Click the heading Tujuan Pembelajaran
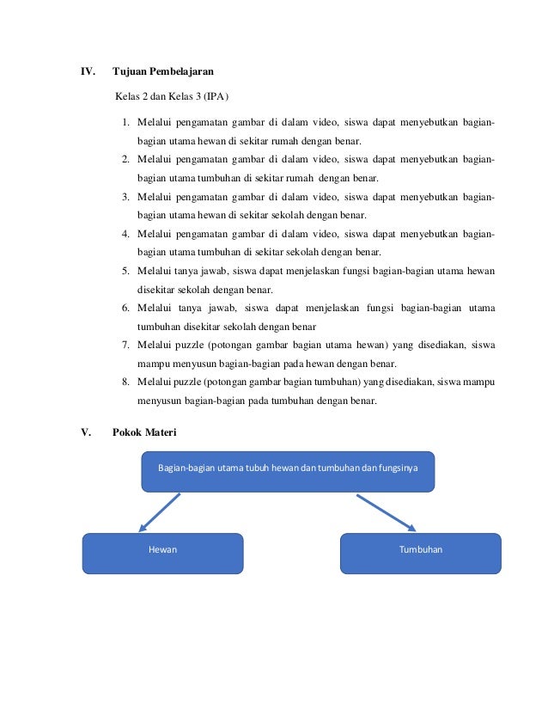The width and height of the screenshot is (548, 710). pyautogui.click(x=163, y=70)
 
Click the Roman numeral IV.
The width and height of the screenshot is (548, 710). pyautogui.click(x=88, y=70)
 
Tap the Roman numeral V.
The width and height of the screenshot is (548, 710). pyautogui.click(x=85, y=432)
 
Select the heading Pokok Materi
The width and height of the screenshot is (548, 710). pyautogui.click(x=144, y=432)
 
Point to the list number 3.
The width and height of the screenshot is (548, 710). pyautogui.click(x=125, y=198)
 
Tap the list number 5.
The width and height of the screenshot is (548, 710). pyautogui.click(x=125, y=272)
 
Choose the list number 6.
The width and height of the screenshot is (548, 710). pyautogui.click(x=125, y=309)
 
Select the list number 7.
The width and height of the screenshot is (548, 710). pyautogui.click(x=125, y=346)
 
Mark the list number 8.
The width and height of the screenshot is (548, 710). pyautogui.click(x=125, y=383)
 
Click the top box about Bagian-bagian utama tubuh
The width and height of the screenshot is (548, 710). pyautogui.click(x=288, y=471)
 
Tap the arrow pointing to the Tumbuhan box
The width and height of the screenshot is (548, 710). pyautogui.click(x=387, y=512)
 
